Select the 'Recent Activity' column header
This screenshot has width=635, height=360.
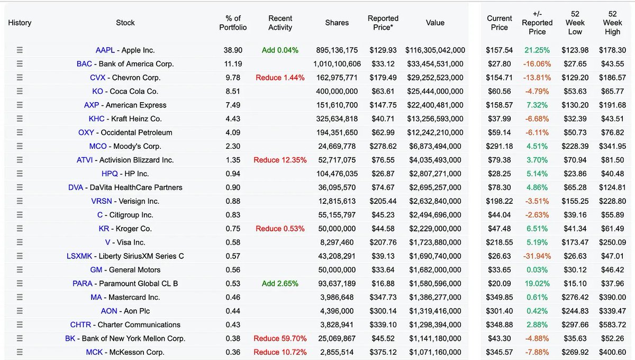(x=280, y=23)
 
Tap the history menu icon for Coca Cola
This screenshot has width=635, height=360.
(x=20, y=92)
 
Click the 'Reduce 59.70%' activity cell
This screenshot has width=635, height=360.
(x=280, y=339)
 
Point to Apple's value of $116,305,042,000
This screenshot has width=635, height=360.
(x=435, y=50)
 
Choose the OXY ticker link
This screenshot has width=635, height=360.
(x=86, y=133)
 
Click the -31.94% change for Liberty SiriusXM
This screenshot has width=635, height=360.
(x=537, y=256)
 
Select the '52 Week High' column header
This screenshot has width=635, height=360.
(x=612, y=23)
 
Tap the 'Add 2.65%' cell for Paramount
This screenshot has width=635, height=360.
(x=280, y=284)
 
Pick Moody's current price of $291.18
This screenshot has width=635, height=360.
(x=499, y=147)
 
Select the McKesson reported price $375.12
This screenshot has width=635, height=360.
(x=383, y=353)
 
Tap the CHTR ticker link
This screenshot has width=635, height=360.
(x=80, y=325)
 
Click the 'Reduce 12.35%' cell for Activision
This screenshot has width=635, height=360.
(x=280, y=160)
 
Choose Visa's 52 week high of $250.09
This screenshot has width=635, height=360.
(x=612, y=242)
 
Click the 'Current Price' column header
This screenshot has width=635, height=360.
(x=499, y=23)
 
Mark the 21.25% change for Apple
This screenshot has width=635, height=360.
(x=537, y=50)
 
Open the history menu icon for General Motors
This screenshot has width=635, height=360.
(x=20, y=270)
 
